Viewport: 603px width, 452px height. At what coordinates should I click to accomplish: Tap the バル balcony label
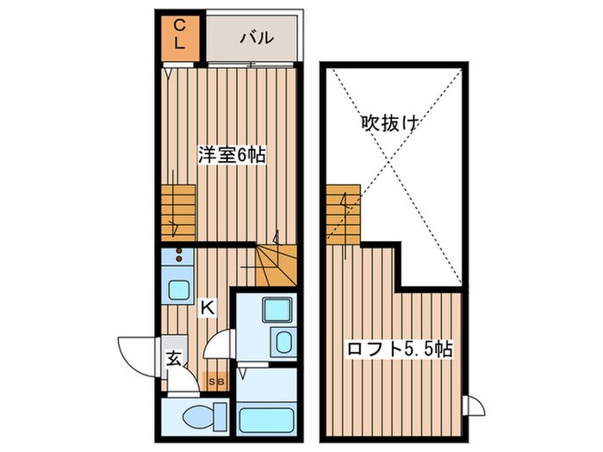[x=256, y=38]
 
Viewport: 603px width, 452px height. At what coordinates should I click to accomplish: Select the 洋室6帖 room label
[x=231, y=155]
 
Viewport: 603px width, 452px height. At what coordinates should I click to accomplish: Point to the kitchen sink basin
[x=179, y=289]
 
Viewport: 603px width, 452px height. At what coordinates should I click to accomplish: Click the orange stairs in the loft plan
[x=343, y=213]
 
